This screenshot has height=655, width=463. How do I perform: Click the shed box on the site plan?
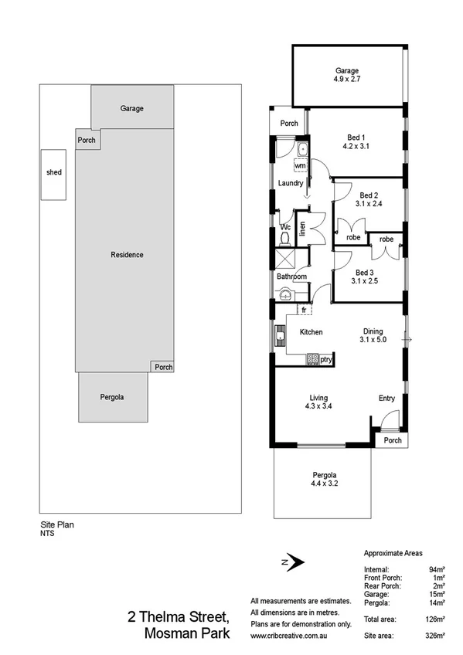point(53,173)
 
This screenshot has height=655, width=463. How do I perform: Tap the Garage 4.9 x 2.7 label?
point(346,74)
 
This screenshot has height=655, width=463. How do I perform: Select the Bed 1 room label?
point(357,137)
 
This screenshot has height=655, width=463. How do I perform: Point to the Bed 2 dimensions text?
point(369,204)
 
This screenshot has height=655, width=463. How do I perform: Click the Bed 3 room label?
point(365,273)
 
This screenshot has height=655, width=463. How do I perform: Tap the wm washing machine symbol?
point(300,166)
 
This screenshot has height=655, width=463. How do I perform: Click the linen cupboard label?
point(303,229)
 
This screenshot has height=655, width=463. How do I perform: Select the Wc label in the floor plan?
point(284,227)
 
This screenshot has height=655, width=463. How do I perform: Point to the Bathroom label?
point(292,277)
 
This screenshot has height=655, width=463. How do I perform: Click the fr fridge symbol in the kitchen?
point(305,310)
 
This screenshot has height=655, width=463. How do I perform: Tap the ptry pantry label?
point(327,359)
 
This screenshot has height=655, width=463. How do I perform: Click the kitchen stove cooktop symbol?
point(312,359)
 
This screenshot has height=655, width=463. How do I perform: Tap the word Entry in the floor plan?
point(386,399)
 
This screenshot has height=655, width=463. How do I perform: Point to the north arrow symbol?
point(292,564)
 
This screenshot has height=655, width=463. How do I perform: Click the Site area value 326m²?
point(435,635)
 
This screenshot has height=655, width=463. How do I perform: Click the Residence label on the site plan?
point(127,255)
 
